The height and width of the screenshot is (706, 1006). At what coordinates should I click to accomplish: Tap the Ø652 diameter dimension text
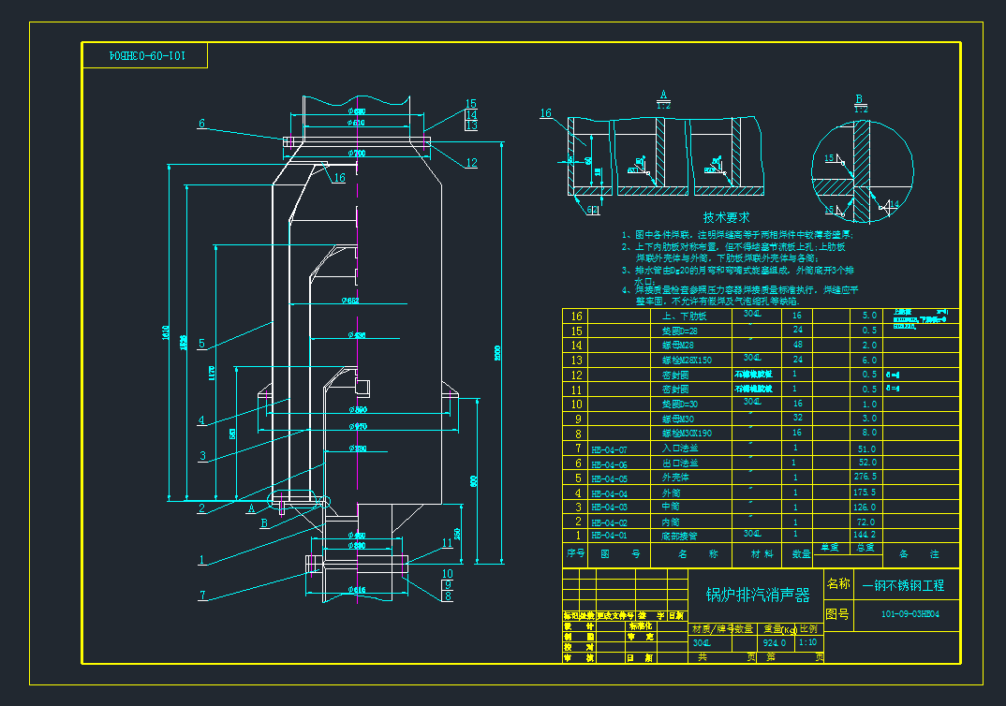pyautogui.click(x=351, y=301)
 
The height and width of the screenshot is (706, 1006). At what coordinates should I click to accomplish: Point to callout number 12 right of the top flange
pyautogui.click(x=471, y=163)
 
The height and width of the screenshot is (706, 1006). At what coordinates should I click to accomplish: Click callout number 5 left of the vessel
pyautogui.click(x=201, y=344)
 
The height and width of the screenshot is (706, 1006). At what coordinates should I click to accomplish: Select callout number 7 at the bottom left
pyautogui.click(x=201, y=595)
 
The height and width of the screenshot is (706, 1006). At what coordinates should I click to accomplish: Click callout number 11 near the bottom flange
pyautogui.click(x=447, y=542)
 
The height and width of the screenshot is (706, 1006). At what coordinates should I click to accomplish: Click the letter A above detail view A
pyautogui.click(x=662, y=95)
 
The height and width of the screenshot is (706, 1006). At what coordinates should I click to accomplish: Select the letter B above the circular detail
pyautogui.click(x=859, y=97)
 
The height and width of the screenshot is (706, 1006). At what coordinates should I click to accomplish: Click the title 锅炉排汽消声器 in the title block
pyautogui.click(x=757, y=595)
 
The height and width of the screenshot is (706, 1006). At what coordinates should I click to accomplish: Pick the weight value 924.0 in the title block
pyautogui.click(x=774, y=643)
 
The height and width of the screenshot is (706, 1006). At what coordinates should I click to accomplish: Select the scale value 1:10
pyautogui.click(x=806, y=643)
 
